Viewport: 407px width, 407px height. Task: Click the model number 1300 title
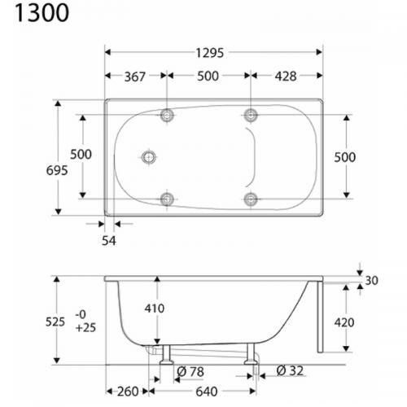[x=35, y=15]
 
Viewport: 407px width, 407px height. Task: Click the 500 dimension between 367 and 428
[x=208, y=77]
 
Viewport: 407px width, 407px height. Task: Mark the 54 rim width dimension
[x=109, y=241]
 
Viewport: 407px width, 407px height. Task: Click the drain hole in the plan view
[x=149, y=156]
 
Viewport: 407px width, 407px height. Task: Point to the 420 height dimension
[x=345, y=322]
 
